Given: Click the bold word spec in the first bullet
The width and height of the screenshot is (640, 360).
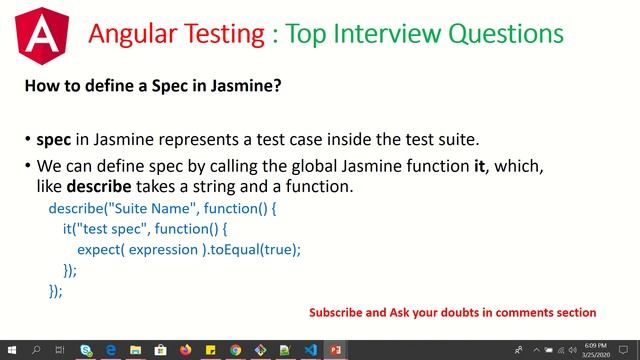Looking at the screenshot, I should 52,140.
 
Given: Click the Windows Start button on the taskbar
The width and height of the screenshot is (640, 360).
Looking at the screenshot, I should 11,350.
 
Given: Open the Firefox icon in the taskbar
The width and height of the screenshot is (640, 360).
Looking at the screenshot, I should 185,350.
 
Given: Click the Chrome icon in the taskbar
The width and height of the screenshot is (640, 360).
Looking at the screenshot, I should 235,350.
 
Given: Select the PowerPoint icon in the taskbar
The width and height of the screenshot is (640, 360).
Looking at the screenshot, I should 335,350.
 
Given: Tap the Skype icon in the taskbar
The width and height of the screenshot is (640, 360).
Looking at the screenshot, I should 86,350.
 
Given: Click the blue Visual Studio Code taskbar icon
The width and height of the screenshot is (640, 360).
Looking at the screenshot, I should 310,350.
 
